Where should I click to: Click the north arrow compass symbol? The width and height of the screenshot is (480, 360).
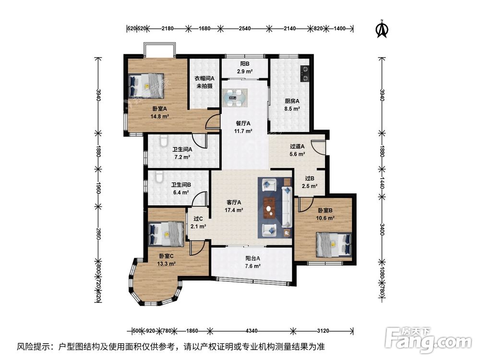tap(382, 29)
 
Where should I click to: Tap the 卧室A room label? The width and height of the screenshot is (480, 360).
tap(159, 108)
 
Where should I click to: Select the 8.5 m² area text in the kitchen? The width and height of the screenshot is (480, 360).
tap(292, 108)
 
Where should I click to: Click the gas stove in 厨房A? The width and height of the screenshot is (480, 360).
tap(305, 74)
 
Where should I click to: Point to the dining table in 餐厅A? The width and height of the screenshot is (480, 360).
tap(235, 98)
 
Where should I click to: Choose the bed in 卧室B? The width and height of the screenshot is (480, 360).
tap(334, 244)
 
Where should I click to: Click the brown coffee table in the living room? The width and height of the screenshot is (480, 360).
tap(270, 208)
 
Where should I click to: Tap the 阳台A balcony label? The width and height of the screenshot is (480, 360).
tap(252, 258)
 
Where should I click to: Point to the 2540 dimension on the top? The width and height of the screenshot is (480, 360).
tap(245, 28)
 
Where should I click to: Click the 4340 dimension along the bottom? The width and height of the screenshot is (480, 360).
tap(252, 331)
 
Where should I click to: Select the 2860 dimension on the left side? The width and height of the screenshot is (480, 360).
tap(98, 234)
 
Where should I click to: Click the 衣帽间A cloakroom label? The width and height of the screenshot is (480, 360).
tap(204, 78)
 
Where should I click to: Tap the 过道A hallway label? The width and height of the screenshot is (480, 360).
tap(297, 146)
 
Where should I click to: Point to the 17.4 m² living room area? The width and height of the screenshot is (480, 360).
tap(234, 210)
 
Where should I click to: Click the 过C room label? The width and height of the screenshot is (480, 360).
tap(198, 218)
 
